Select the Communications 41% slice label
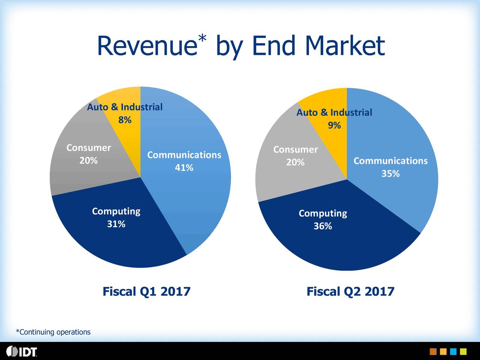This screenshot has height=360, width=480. [184, 161]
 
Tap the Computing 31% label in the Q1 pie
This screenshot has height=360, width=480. [116, 217]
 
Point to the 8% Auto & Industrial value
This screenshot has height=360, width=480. [125, 120]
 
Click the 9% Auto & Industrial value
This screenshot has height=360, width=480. [334, 125]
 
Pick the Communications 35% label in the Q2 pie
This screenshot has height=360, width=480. [390, 167]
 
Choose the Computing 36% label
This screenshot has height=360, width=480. [323, 220]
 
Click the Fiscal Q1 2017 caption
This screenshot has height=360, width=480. [147, 291]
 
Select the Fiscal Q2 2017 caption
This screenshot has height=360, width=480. [351, 291]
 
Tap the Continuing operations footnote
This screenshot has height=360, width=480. [53, 332]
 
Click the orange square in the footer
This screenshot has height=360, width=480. [433, 351]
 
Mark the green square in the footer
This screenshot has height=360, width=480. [463, 351]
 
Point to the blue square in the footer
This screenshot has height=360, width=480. [453, 351]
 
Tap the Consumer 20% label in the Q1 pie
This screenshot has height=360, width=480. [88, 154]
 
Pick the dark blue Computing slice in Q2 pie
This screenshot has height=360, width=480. [337, 244]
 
